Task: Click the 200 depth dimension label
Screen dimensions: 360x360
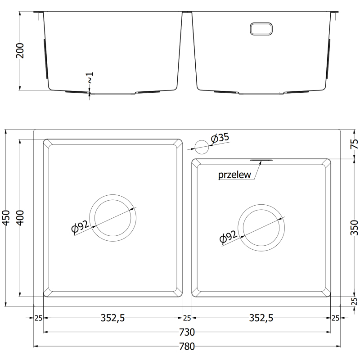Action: [x=20, y=50]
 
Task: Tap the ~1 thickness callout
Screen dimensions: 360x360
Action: [x=90, y=77]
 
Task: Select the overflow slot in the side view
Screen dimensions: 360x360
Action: [x=261, y=29]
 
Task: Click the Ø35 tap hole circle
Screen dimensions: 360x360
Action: [x=202, y=147]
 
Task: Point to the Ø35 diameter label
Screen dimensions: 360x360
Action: [x=220, y=138]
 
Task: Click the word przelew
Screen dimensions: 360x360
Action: [x=234, y=175]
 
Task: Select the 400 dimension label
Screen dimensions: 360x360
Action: [x=20, y=218]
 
